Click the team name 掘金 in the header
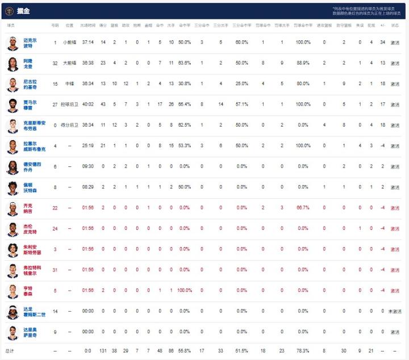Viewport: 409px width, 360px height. click(x=23, y=10)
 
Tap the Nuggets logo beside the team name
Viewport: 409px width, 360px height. click(x=10, y=10)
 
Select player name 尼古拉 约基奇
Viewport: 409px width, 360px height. click(x=30, y=84)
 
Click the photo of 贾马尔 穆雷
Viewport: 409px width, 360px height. click(x=12, y=105)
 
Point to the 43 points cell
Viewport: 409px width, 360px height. click(x=103, y=104)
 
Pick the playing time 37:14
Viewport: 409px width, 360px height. click(x=87, y=43)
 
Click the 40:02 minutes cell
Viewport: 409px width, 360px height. click(x=87, y=104)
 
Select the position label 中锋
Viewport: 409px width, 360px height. click(x=69, y=84)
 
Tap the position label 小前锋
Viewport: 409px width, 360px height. click(x=69, y=43)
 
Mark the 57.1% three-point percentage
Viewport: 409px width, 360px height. click(x=242, y=104)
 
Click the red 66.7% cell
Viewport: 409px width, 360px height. click(x=302, y=208)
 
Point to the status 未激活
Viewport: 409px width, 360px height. click(x=395, y=311)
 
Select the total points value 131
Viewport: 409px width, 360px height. click(x=103, y=351)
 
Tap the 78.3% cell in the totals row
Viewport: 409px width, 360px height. click(x=302, y=351)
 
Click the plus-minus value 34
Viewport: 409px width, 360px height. click(x=383, y=43)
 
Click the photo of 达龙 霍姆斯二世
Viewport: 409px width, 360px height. click(x=12, y=312)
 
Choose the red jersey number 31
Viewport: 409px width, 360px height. click(x=55, y=270)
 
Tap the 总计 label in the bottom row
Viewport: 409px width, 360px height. click(x=10, y=351)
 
